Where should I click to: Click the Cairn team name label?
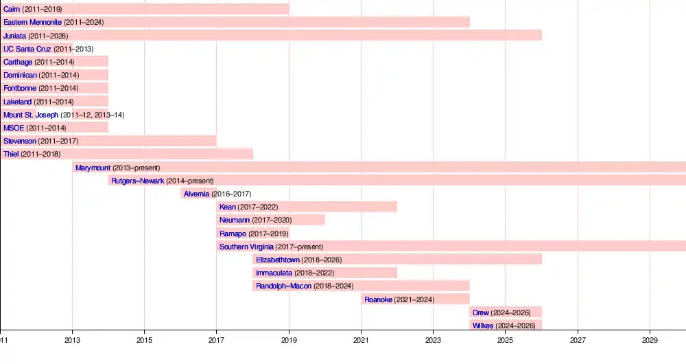click(x=12, y=9)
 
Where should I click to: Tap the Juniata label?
click(x=14, y=36)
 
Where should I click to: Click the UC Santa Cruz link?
click(x=27, y=49)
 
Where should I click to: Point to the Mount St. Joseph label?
click(x=31, y=115)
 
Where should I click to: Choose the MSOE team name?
click(x=14, y=128)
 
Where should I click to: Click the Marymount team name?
click(x=93, y=168)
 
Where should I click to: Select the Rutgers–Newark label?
click(x=137, y=181)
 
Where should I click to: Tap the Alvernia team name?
click(x=196, y=194)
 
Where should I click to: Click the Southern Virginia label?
click(x=246, y=247)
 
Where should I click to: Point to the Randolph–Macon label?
click(x=283, y=286)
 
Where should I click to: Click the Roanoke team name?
click(x=378, y=299)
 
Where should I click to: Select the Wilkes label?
click(x=483, y=326)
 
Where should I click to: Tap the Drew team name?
click(x=481, y=312)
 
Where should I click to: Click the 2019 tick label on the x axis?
click(x=289, y=340)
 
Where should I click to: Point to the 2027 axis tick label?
click(x=578, y=340)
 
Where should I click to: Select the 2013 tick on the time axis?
click(x=72, y=340)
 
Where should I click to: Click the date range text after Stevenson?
click(x=58, y=141)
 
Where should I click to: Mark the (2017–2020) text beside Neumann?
click(x=272, y=220)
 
